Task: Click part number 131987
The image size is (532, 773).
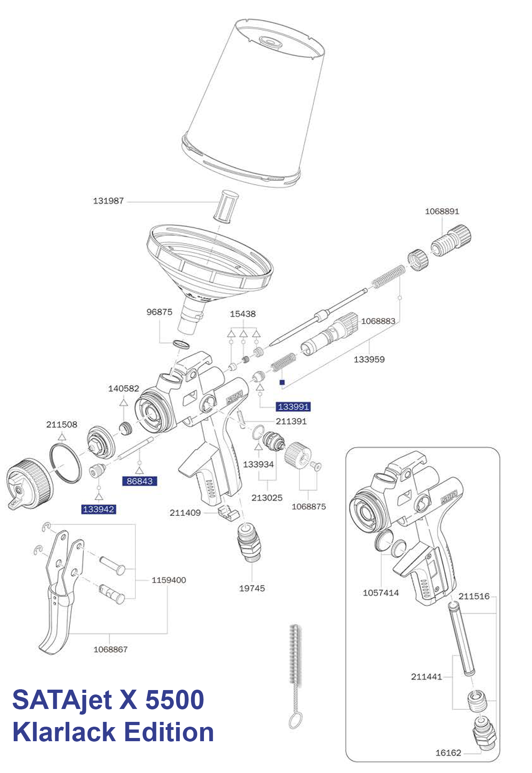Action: click(108, 200)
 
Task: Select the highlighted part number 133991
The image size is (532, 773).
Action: click(293, 407)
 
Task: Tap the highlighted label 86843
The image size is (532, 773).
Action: click(139, 481)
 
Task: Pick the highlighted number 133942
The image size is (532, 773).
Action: click(99, 509)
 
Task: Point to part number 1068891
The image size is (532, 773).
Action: click(442, 211)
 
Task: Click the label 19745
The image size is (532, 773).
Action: click(252, 588)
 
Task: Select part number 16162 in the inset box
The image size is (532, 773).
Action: click(448, 753)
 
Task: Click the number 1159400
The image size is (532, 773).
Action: click(169, 580)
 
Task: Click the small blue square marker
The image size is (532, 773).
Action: click(282, 382)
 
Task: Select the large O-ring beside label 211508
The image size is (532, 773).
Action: click(65, 463)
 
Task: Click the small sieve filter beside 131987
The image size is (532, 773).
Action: click(226, 206)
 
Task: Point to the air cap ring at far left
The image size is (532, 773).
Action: click(29, 483)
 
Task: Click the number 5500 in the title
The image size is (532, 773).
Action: click(175, 700)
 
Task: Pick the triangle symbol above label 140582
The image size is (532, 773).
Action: click(123, 402)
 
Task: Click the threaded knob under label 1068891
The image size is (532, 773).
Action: click(451, 240)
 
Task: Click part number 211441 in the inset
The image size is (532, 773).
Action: click(426, 677)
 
